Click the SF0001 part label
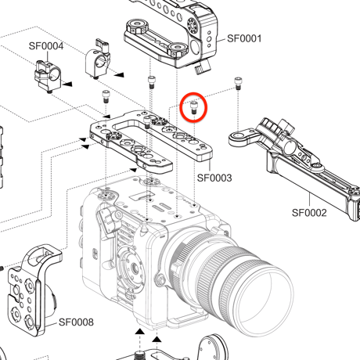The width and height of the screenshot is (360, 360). (244, 38)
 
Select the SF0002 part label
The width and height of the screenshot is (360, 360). (309, 213)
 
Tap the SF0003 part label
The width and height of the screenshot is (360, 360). (214, 178)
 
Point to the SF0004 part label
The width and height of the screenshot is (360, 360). (46, 46)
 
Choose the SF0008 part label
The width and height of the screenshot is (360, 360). (76, 322)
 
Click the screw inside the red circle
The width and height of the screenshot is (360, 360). (193, 108)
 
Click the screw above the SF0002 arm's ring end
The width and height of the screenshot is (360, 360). (238, 83)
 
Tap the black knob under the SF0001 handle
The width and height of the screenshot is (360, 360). (202, 67)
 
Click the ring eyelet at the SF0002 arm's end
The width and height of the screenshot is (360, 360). (237, 138)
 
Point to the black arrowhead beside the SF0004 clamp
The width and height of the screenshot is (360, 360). (67, 84)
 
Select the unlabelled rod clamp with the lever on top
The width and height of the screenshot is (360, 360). (98, 59)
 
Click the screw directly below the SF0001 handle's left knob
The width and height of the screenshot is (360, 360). (151, 82)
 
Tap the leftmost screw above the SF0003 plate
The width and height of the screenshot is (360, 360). (106, 96)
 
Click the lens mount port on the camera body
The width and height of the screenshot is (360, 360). (132, 268)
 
